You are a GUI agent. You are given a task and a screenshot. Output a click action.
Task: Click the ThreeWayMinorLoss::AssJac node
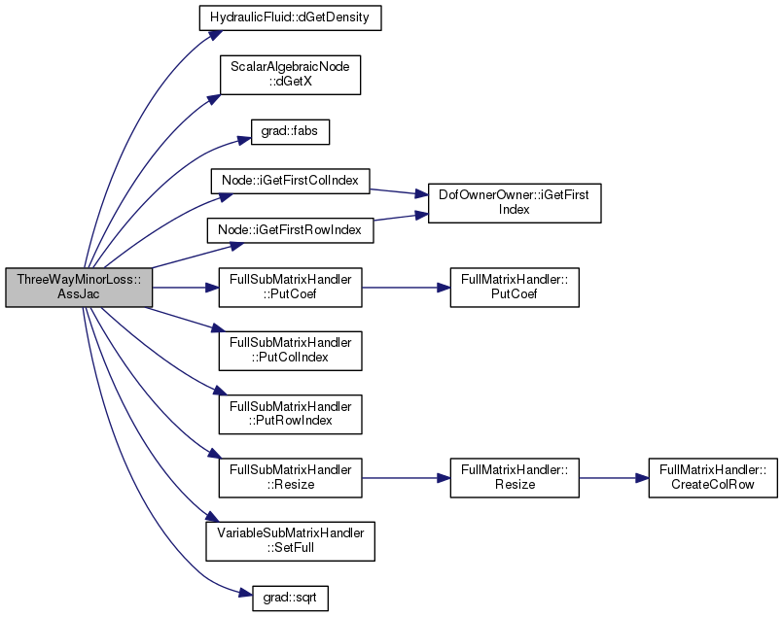79,288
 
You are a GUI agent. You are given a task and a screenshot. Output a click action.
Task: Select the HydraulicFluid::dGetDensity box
290,17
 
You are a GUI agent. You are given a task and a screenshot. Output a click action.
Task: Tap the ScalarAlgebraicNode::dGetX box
290,75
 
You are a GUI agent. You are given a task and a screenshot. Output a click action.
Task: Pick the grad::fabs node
290,132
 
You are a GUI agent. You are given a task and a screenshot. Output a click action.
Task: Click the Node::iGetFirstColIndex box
290,181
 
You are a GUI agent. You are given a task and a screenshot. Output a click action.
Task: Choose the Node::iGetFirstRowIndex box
290,230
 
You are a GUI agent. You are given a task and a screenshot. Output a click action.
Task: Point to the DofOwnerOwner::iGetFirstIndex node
515,203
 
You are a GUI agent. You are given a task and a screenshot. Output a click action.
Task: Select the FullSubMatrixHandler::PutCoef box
290,288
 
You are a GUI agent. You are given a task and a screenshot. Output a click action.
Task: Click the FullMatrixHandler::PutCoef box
515,288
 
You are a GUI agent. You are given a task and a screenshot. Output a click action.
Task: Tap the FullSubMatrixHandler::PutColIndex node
290,351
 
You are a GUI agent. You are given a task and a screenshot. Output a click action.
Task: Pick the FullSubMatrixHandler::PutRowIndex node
290,414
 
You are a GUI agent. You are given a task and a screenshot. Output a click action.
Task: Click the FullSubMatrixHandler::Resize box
290,478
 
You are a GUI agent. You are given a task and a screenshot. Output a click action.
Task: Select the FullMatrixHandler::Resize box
515,478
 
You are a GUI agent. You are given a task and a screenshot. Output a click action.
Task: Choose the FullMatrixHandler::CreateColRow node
713,478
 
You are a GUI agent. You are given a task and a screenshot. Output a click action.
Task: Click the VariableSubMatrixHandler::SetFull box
290,541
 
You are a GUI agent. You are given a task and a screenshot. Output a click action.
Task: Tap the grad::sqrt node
290,598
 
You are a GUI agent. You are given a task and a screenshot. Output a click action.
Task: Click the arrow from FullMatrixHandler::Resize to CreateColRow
614,478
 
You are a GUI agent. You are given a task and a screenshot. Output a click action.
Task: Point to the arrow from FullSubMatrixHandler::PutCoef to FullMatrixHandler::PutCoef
406,288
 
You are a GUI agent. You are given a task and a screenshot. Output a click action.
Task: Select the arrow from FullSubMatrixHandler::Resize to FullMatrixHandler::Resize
406,478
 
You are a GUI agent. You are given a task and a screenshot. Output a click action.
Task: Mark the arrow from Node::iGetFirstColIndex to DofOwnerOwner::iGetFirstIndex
399,192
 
